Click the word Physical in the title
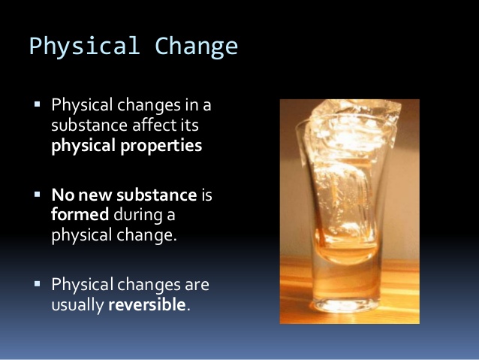click(x=83, y=47)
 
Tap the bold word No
click(x=62, y=195)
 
